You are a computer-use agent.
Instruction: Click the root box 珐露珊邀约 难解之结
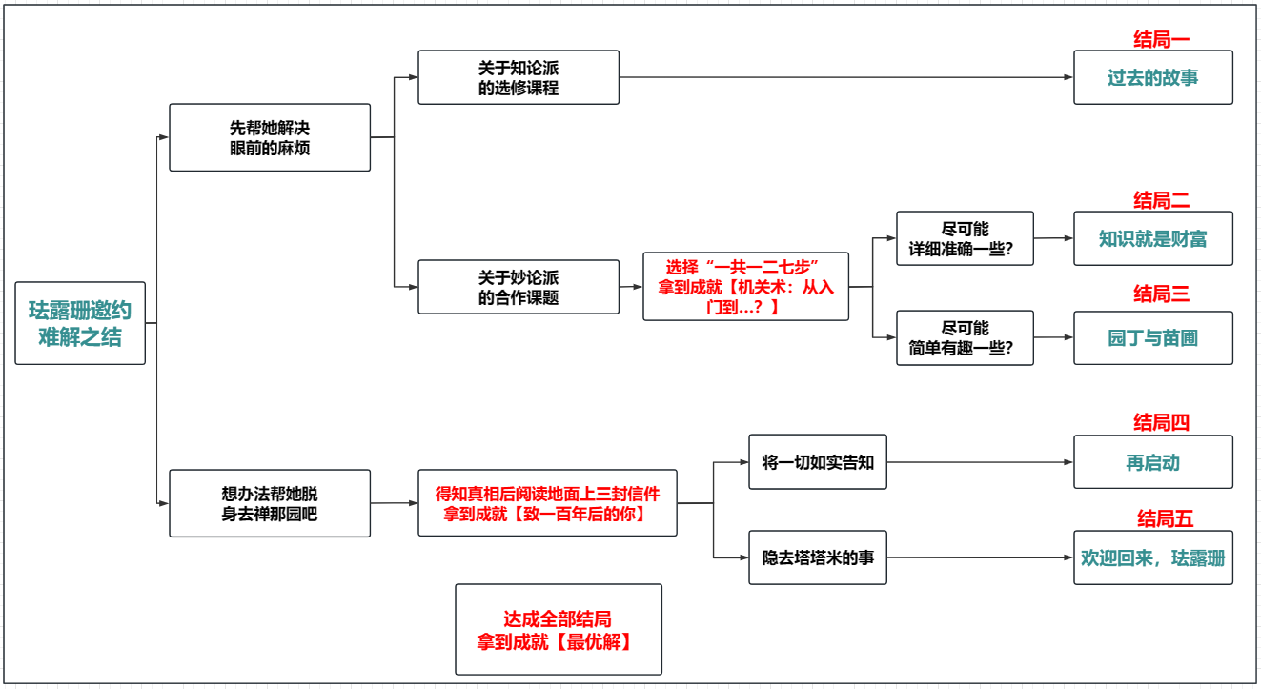[x=80, y=323]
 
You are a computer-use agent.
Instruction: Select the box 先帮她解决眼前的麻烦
[x=270, y=137]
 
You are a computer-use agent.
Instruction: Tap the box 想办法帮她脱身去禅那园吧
[x=270, y=503]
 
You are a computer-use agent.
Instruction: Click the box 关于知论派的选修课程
[x=519, y=77]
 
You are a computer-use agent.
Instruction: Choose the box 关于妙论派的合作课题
[x=519, y=287]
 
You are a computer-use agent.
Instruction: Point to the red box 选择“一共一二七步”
[x=745, y=286]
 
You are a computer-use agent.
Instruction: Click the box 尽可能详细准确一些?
[x=965, y=238]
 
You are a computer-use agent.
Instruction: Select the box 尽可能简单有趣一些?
[x=965, y=337]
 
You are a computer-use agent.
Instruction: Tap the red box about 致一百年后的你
[x=547, y=503]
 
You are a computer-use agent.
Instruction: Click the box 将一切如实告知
[x=818, y=462]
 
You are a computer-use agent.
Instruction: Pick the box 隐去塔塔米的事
[x=818, y=557]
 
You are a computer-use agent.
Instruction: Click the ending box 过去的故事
[x=1153, y=77]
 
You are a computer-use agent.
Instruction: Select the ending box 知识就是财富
[x=1153, y=238]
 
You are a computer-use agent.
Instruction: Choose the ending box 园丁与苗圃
[x=1153, y=337]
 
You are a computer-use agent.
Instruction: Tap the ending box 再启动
[x=1153, y=462]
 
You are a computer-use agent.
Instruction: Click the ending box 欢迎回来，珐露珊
[x=1153, y=557]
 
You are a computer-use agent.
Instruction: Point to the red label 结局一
[x=1161, y=39]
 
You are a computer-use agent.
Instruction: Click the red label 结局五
[x=1165, y=518]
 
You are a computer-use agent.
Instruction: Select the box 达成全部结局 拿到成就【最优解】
[x=558, y=630]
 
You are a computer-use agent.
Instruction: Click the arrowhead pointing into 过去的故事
[x=1068, y=77]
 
